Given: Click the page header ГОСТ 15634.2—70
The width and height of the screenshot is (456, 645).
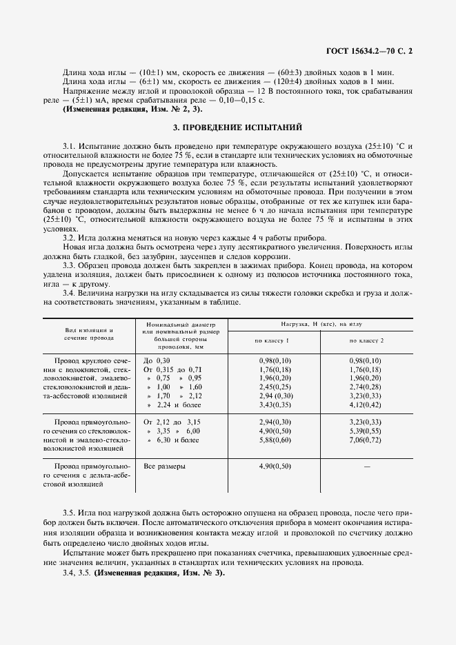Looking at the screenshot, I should [373, 50].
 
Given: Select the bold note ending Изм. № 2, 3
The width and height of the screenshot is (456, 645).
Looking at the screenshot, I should [133, 110].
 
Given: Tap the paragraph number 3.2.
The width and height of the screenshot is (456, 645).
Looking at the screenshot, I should [71, 236].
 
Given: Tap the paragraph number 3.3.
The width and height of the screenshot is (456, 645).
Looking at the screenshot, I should [71, 265].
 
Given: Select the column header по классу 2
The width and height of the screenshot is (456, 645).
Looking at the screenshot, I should [366, 340].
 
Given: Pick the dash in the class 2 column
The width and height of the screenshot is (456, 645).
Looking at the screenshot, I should [366, 467].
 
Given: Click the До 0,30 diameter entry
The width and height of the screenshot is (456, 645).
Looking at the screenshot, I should [157, 360].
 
